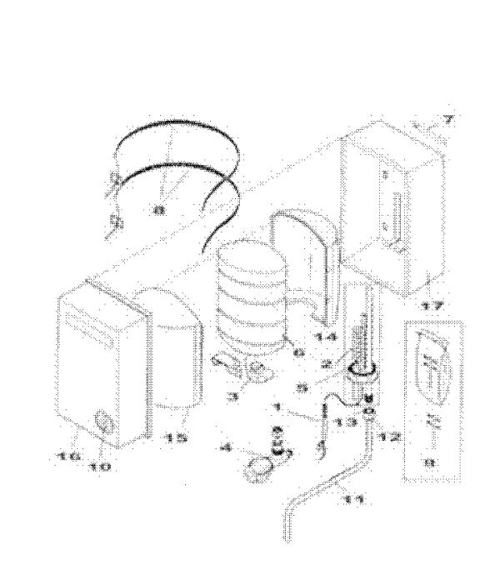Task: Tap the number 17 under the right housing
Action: [x=432, y=307]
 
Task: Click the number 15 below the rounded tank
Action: [x=177, y=437]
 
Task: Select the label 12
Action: [x=388, y=436]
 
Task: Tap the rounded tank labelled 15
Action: [x=173, y=350]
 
